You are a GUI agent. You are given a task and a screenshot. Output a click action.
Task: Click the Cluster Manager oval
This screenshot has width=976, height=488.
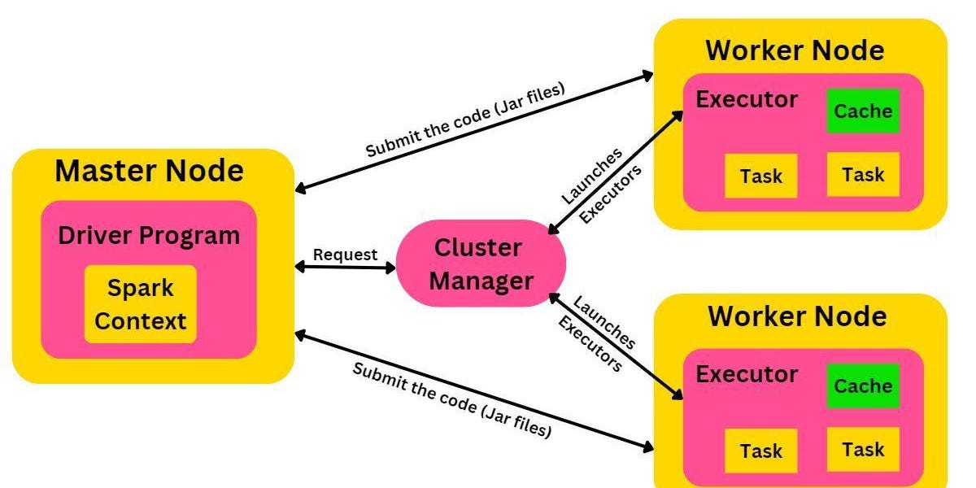pos(481,263)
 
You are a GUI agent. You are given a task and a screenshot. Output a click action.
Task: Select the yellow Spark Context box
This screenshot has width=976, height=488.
pos(141,304)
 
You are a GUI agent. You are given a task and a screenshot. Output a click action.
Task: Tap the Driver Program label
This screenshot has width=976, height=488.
pos(149,236)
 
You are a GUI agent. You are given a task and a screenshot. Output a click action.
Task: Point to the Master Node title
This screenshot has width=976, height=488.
pos(149,171)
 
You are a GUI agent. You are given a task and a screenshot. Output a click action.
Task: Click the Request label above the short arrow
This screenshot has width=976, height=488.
pos(345,255)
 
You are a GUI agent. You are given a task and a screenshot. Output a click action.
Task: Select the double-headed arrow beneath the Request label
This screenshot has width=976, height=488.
pos(345,267)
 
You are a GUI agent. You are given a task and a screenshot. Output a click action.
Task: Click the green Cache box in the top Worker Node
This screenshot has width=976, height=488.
pos(863,111)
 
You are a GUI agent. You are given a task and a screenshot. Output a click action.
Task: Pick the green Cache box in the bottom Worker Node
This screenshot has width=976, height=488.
pos(863,386)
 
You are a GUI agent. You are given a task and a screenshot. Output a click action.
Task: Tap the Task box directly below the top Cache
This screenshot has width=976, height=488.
pos(863,174)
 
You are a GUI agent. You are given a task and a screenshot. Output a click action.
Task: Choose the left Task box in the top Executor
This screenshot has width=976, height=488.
pos(761,176)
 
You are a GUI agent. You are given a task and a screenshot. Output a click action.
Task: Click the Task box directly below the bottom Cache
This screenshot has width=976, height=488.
pos(863,449)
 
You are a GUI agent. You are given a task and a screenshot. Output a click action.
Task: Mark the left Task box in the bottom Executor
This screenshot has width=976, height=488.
pos(761,451)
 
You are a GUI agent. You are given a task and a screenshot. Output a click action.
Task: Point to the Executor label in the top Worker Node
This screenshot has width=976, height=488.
pos(747,99)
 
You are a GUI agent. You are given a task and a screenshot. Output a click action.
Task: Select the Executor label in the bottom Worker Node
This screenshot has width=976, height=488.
pos(747,374)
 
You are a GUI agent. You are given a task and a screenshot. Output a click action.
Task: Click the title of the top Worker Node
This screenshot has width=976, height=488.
pos(795,50)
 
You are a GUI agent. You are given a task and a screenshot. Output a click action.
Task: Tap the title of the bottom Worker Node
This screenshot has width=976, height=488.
pos(797,316)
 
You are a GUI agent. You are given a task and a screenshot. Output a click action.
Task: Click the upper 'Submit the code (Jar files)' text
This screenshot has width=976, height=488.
pos(464,121)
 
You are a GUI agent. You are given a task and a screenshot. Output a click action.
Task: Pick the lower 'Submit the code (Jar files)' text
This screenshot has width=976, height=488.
pos(452,399)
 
